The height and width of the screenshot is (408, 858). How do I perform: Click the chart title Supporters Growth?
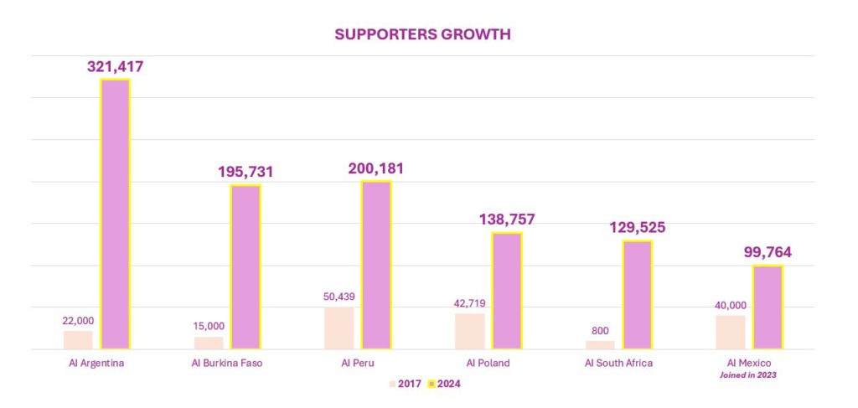(422, 34)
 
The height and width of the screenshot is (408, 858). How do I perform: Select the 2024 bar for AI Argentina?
(115, 214)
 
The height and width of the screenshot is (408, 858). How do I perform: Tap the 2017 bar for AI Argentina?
(78, 339)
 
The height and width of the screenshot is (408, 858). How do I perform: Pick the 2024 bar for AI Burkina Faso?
(246, 267)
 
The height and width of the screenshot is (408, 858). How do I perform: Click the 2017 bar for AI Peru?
(339, 328)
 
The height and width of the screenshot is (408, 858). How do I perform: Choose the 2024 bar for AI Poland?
(507, 291)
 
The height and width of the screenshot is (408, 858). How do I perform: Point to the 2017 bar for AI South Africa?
(600, 345)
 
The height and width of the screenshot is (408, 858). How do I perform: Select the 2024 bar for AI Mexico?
(768, 307)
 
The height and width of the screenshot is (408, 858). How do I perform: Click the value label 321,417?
(115, 67)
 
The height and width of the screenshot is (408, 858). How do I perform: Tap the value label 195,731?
(246, 172)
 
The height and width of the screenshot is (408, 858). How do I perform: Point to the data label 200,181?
(376, 168)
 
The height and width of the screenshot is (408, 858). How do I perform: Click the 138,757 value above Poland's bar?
(507, 219)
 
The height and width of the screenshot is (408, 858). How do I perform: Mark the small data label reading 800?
(600, 331)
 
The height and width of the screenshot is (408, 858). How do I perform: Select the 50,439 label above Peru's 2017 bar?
(339, 297)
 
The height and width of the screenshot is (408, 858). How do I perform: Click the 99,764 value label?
(768, 253)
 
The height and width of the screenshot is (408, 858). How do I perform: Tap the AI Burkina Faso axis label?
(227, 363)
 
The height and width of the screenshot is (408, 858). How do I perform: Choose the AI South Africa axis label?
(619, 363)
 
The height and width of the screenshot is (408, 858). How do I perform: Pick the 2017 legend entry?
(406, 384)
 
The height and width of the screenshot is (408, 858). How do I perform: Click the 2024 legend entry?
(445, 384)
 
